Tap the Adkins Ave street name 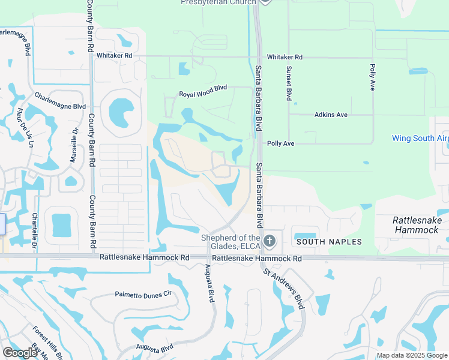(331, 114)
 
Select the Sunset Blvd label (289, 83)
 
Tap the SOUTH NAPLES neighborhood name (328, 242)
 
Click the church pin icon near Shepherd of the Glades (270, 241)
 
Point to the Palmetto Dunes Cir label (143, 294)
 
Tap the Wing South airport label (420, 138)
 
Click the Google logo (20, 352)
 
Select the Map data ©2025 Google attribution (412, 355)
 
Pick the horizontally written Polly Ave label (280, 143)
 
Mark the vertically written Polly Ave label (372, 77)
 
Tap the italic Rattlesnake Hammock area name (417, 225)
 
